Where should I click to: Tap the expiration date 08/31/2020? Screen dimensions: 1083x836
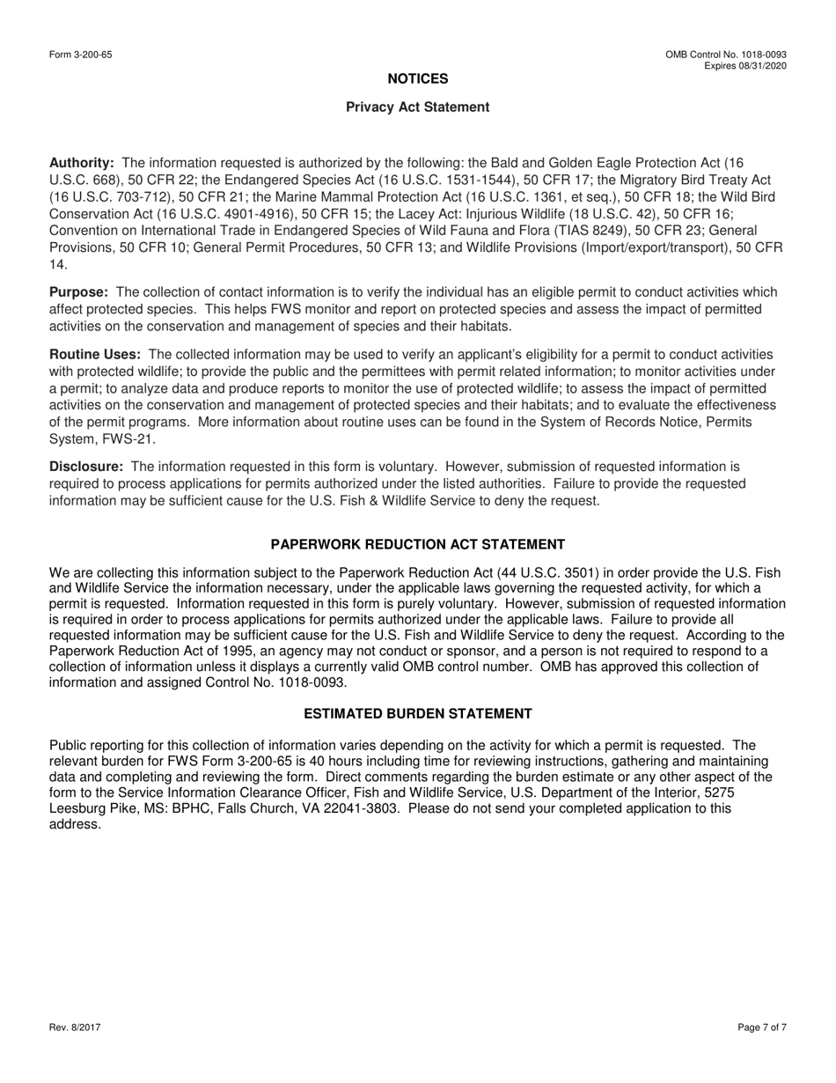(x=764, y=66)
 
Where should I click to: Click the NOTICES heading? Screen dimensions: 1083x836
(x=418, y=79)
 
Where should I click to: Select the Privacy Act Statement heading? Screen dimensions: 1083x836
(x=418, y=107)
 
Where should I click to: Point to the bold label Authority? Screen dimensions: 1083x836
(x=82, y=163)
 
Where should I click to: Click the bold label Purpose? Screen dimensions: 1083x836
(x=79, y=292)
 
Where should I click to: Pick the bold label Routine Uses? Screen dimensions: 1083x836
(x=95, y=354)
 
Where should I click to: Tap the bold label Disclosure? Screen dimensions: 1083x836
(x=86, y=467)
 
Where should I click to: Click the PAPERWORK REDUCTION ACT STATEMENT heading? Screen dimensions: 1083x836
(x=418, y=545)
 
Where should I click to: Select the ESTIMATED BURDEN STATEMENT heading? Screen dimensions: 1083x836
(x=418, y=714)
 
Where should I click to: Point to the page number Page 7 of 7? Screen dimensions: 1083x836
(x=762, y=1028)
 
